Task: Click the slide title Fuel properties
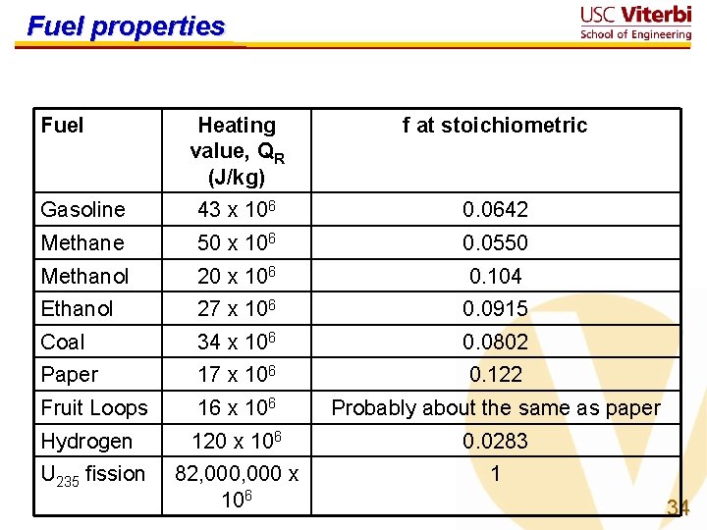126,26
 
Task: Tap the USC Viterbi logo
635,23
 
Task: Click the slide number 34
678,507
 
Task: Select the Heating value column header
237,150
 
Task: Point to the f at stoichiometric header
494,125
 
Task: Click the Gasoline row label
83,209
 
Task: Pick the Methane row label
82,242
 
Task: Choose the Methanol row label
84,276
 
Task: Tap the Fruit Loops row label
94,407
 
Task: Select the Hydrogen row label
86,441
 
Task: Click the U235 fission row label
92,474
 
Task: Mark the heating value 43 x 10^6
237,209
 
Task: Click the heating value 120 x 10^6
237,441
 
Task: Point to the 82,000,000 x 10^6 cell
237,486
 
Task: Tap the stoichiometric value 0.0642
496,209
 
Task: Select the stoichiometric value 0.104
496,276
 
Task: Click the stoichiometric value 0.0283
496,441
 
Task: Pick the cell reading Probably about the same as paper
496,407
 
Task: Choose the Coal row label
63,342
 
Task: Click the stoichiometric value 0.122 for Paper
496,374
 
